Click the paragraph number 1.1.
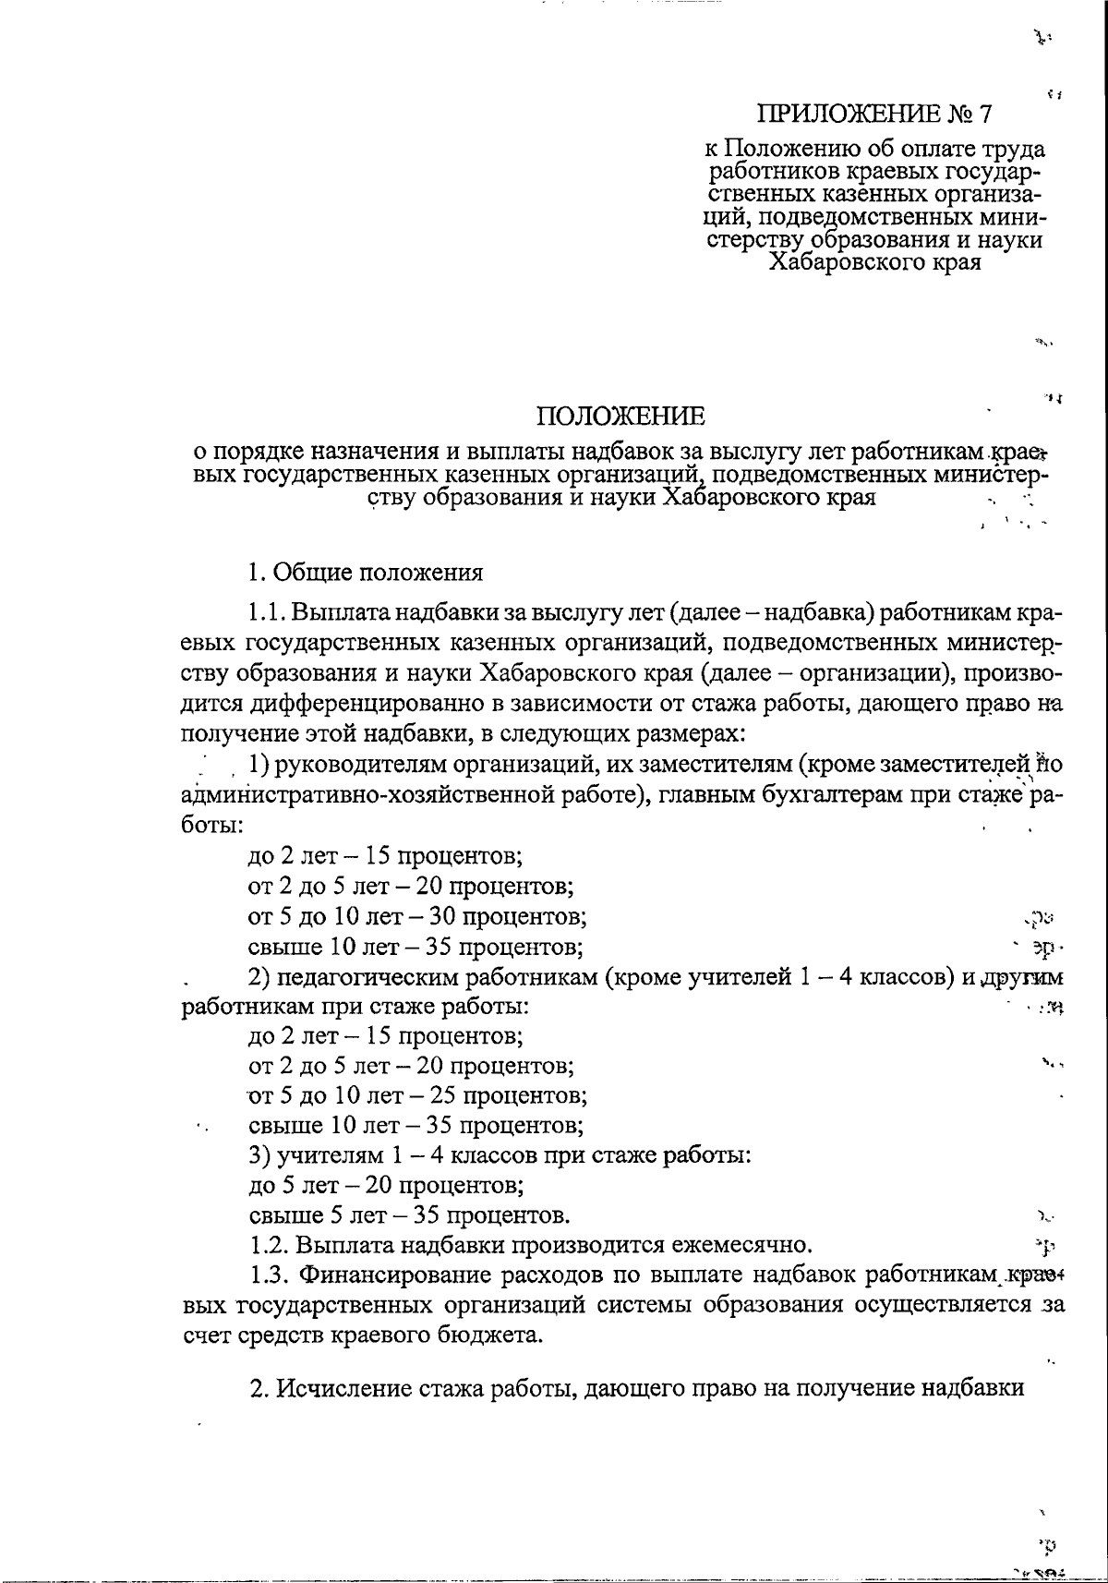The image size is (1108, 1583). click(x=268, y=614)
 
